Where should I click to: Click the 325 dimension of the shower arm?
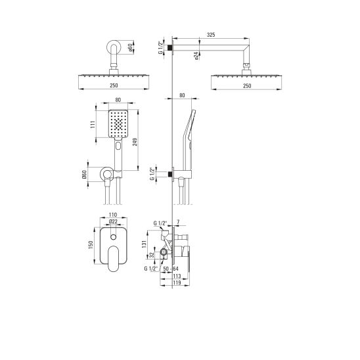pos(211,35)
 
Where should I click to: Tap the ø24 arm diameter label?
pos(196,56)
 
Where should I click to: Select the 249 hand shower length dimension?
pos(135,142)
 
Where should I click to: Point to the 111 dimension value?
pos(93,124)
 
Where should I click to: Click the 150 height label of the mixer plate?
pos(91,245)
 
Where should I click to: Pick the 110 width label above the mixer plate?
pos(113,215)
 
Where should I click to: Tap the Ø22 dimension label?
pos(113,221)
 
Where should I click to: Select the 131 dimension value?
pos(144,244)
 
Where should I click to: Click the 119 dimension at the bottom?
pos(177,283)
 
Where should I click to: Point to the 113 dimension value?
pos(177,276)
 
